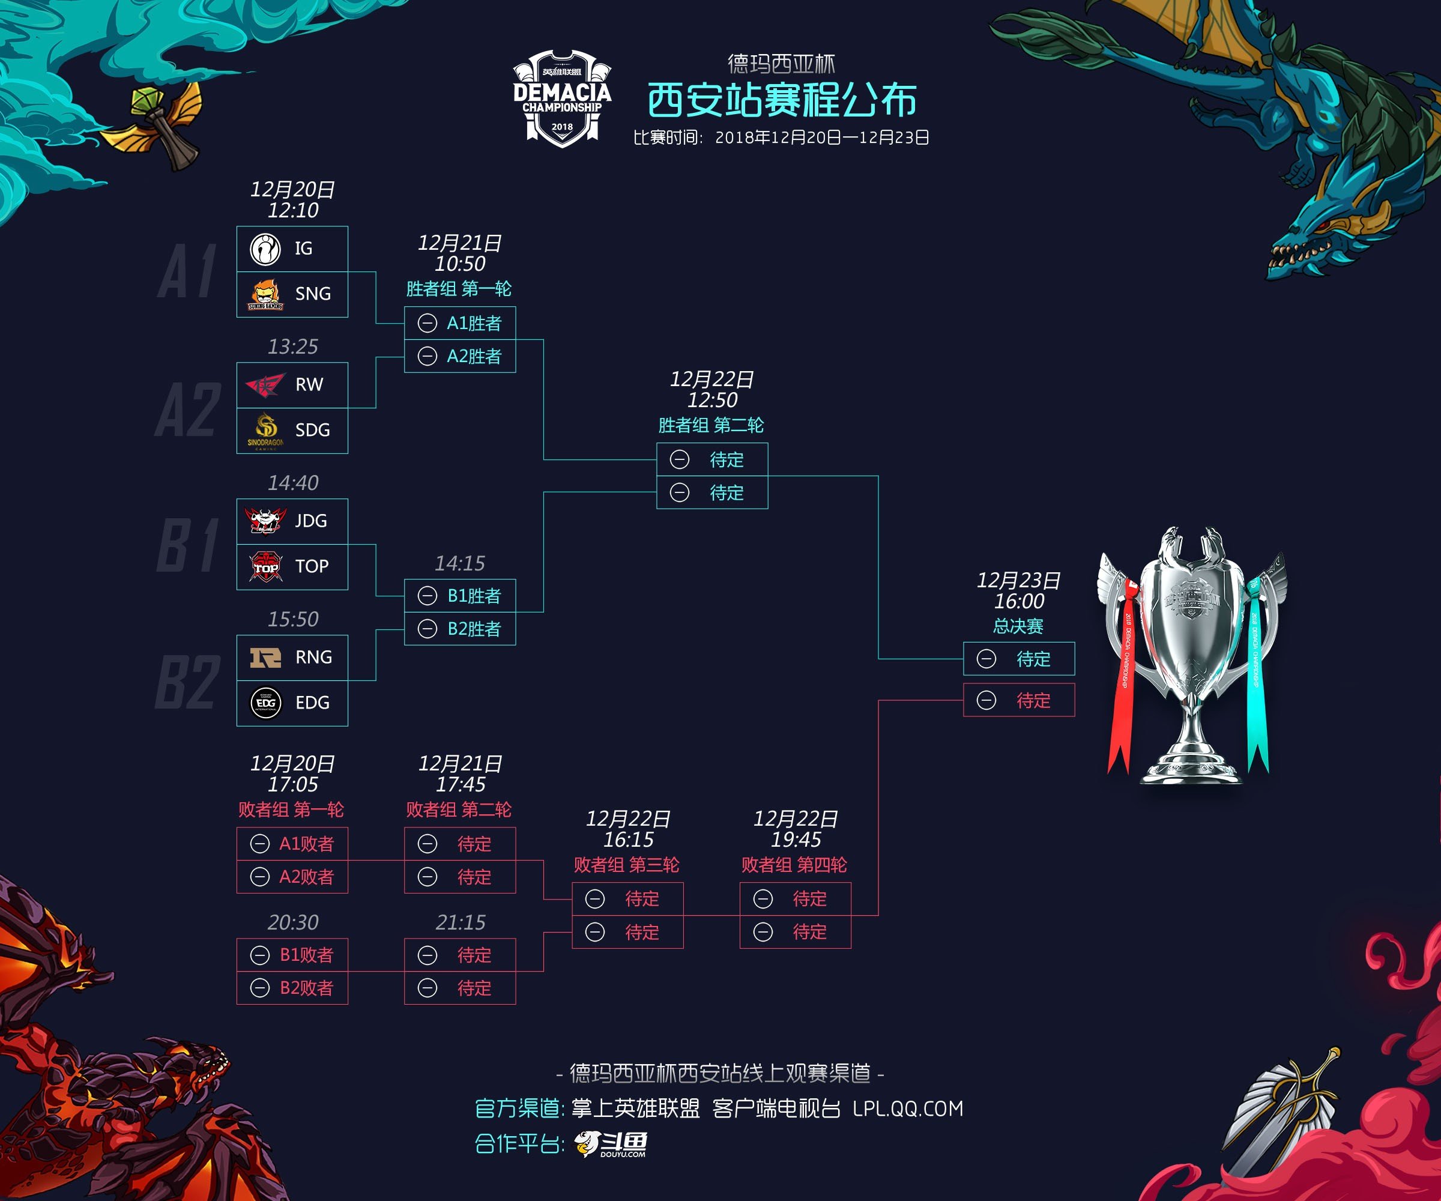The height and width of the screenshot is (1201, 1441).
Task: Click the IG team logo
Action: [x=265, y=249]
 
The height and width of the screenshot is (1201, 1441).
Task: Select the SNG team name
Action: [x=313, y=294]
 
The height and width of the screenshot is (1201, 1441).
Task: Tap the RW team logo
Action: [x=265, y=385]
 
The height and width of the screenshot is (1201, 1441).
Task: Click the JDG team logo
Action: [x=265, y=521]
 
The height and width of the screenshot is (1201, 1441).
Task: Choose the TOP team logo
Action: [x=265, y=567]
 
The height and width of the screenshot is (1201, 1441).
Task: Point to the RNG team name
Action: [x=313, y=658]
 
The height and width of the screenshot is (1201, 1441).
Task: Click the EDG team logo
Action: [x=265, y=703]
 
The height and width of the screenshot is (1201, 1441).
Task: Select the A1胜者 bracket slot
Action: [x=460, y=323]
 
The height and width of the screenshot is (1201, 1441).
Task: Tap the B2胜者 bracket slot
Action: [x=460, y=629]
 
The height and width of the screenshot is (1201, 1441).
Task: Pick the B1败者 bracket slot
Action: [x=292, y=955]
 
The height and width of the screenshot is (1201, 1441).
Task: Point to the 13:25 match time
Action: [x=293, y=347]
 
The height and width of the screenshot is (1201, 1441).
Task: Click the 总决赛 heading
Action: [x=1018, y=626]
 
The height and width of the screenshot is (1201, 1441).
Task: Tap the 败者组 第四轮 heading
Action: [x=794, y=865]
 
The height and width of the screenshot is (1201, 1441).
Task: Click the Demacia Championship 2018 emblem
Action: [x=562, y=98]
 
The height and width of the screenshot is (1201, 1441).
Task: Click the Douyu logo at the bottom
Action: [x=611, y=1144]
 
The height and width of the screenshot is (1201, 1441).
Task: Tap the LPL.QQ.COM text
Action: [x=908, y=1109]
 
